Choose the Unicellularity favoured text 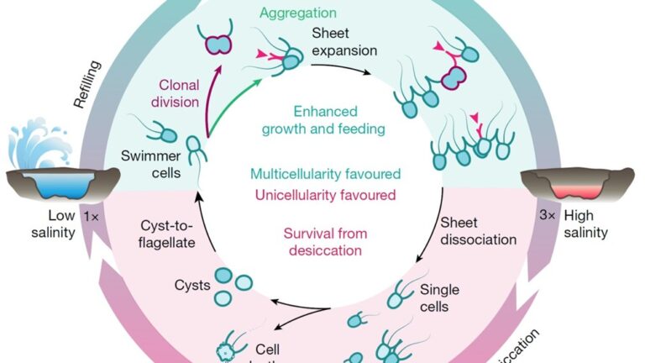pyautogui.click(x=322, y=195)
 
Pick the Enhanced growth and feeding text pyautogui.click(x=322, y=120)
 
